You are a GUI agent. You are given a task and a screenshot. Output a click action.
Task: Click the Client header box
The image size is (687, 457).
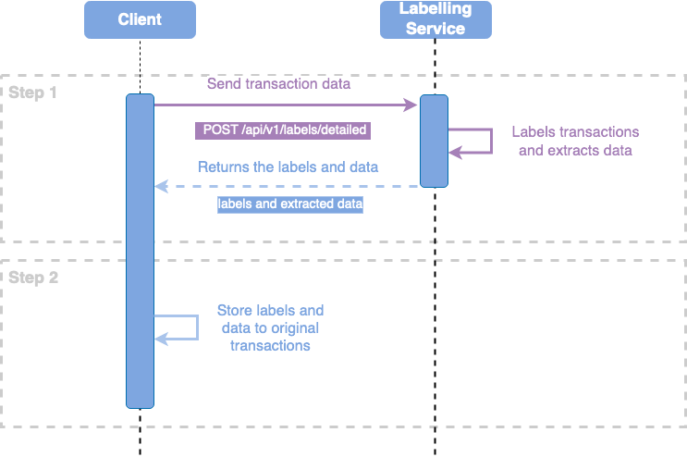tap(140, 19)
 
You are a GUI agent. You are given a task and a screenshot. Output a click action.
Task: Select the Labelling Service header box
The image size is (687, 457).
tap(436, 19)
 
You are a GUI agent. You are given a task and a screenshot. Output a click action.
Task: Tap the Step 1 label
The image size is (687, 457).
tap(33, 93)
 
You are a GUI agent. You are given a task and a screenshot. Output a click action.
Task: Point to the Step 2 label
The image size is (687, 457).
tap(33, 277)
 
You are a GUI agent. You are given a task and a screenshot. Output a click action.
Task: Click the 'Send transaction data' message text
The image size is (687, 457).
tap(278, 84)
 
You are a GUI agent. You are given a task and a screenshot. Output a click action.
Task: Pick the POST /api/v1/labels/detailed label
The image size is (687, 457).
tap(282, 130)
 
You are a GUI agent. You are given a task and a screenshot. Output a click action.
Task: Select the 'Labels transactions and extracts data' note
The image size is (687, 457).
tap(575, 141)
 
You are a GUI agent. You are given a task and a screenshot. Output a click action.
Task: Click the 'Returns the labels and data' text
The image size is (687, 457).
tap(288, 167)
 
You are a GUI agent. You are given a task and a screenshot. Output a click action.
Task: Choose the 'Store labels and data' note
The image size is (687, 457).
tap(270, 327)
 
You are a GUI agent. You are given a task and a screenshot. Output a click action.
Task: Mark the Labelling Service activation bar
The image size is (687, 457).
tap(434, 141)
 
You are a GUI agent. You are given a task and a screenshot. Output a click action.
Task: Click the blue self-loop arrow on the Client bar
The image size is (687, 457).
tap(185, 327)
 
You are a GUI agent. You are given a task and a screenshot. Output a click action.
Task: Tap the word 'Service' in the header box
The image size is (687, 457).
tap(436, 29)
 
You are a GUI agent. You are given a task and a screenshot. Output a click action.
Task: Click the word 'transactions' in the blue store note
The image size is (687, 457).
tap(270, 345)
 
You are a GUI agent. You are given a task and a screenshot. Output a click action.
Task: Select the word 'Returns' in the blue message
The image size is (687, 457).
tap(223, 167)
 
